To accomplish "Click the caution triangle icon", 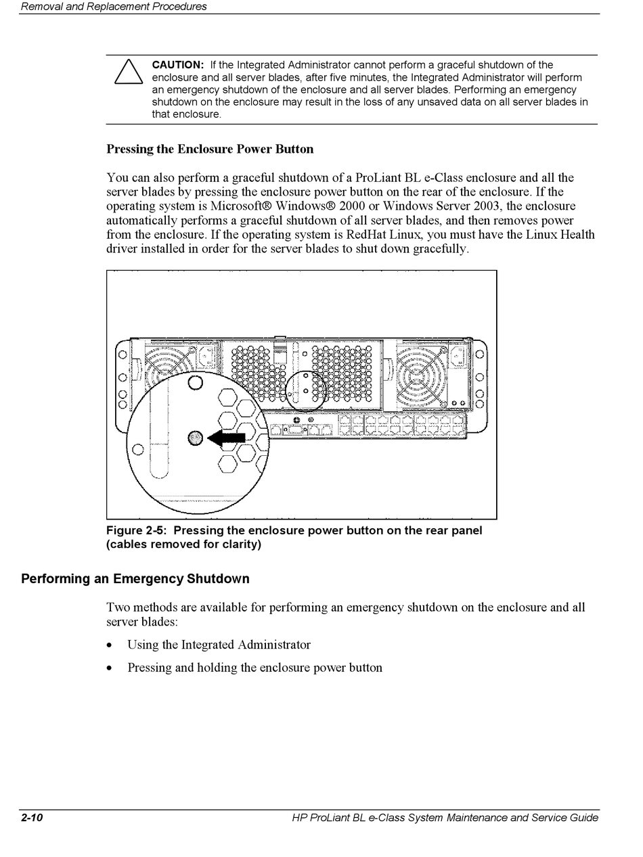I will pos(129,72).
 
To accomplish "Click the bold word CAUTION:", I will pos(177,65).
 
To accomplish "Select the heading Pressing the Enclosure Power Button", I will pos(210,149).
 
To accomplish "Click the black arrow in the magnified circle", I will pos(227,438).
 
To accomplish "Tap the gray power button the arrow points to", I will pos(196,438).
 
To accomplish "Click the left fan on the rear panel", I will pos(169,372).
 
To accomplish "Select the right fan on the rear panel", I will pos(421,372).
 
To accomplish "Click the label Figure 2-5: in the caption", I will pos(136,531).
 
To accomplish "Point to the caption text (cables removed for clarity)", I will pos(183,545).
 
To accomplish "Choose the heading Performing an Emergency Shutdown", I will pos(135,579).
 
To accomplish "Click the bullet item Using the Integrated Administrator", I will pos(219,645).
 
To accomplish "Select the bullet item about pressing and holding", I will pos(254,668).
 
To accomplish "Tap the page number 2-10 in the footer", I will pos(32,818).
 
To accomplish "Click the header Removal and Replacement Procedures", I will pos(114,7).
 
